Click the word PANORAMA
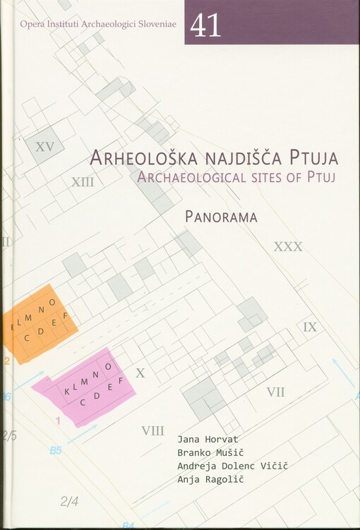click(x=221, y=217)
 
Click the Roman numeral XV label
click(x=44, y=147)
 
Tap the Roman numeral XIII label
click(x=83, y=181)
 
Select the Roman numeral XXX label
click(x=287, y=246)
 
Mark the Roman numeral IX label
click(x=310, y=327)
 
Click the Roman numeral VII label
click(x=275, y=392)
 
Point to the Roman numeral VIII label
click(x=152, y=430)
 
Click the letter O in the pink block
click(x=107, y=367)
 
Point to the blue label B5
click(x=56, y=450)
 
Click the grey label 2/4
click(x=69, y=502)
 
